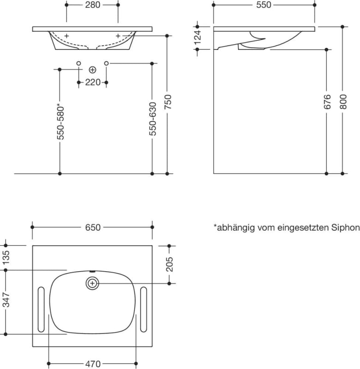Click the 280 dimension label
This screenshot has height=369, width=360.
pos(92,5)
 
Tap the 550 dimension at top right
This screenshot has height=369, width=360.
pos(264,5)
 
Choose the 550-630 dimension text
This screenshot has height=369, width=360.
pos(152,119)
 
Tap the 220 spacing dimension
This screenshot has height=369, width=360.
pos(92,83)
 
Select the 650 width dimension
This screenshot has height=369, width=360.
pos(92,227)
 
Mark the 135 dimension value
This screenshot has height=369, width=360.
pos(6,258)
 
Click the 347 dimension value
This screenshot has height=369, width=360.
pos(6,302)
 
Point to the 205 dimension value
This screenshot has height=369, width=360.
pos(169,264)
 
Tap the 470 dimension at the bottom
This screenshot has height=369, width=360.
pos(92,364)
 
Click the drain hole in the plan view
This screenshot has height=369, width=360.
pos(92,283)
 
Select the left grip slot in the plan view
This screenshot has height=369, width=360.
pos(41,309)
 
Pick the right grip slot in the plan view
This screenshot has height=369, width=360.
pos(143,309)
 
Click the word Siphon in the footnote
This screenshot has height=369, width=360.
pos(347,227)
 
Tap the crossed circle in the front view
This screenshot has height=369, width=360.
pos(92,70)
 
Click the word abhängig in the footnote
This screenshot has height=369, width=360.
pos(233,227)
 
